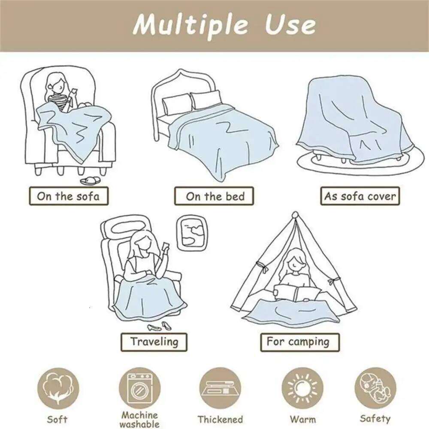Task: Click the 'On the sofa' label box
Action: (69, 196)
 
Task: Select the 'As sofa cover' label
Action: (360, 196)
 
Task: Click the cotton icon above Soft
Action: (57, 388)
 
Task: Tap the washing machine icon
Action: (139, 388)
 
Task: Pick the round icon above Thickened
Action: (220, 388)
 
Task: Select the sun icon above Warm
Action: (302, 388)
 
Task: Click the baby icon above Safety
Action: (375, 388)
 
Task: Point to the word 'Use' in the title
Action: (290, 25)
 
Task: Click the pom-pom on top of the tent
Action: (295, 214)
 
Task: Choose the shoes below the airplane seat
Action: (160, 326)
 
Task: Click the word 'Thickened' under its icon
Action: (220, 420)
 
